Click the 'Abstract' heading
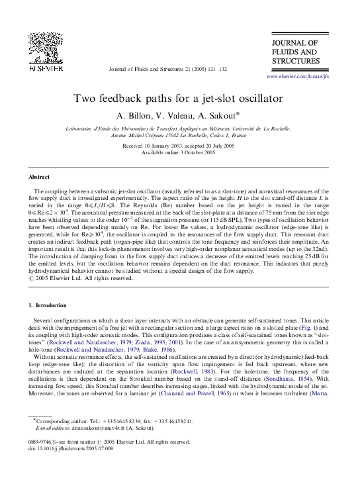(39, 177)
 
